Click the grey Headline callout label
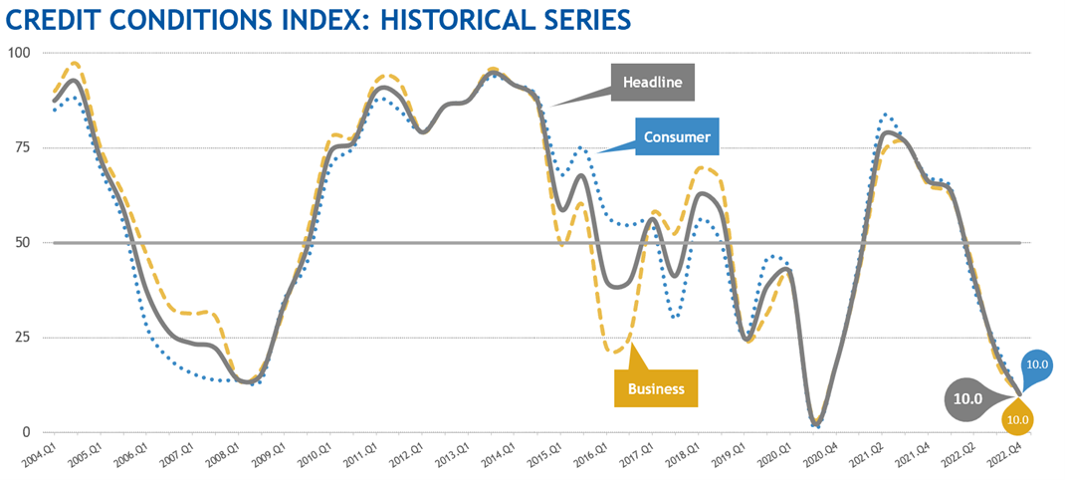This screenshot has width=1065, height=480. pyautogui.click(x=652, y=83)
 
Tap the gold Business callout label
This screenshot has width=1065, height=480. pyautogui.click(x=656, y=388)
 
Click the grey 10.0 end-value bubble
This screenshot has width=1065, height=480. pyautogui.click(x=969, y=398)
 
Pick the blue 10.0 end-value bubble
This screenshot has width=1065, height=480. pyautogui.click(x=1037, y=364)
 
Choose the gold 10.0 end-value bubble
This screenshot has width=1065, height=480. pyautogui.click(x=1018, y=419)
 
